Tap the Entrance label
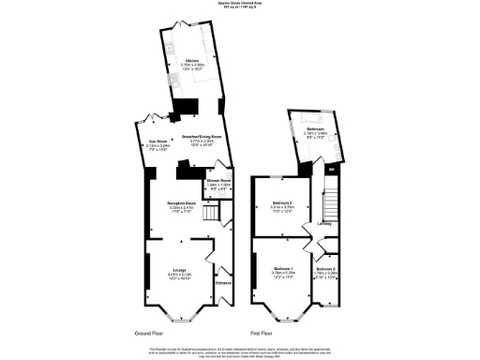point(223,283)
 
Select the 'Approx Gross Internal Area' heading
point(240,5)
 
